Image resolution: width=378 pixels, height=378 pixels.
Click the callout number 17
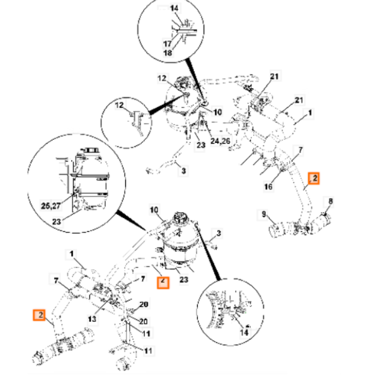tap(168, 44)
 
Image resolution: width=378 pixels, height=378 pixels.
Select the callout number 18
tap(168, 52)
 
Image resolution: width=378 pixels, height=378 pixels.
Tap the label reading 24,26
tap(220, 140)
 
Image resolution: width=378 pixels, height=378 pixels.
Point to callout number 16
tap(268, 186)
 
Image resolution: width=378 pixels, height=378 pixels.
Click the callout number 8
tap(331, 202)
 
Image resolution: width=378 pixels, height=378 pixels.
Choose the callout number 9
tap(264, 214)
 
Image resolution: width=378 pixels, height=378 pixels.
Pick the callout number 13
tap(92, 319)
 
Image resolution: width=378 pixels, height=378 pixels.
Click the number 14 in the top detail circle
tap(175, 8)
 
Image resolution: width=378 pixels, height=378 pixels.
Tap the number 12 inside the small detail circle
tap(119, 105)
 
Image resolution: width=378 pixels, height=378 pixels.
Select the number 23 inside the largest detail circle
tap(57, 222)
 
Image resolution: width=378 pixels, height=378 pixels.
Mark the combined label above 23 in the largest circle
tap(50, 206)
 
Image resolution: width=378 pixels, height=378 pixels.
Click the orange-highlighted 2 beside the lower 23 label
tap(163, 282)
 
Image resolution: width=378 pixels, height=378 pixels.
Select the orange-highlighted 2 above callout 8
tap(314, 178)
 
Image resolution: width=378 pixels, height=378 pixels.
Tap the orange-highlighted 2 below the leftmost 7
tap(39, 315)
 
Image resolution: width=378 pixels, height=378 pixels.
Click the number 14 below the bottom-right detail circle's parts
tap(244, 333)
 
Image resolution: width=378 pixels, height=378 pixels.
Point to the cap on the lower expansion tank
tap(179, 218)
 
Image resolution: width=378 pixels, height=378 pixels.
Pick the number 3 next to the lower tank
tap(219, 233)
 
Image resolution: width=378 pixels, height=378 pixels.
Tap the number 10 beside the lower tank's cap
tap(154, 210)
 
